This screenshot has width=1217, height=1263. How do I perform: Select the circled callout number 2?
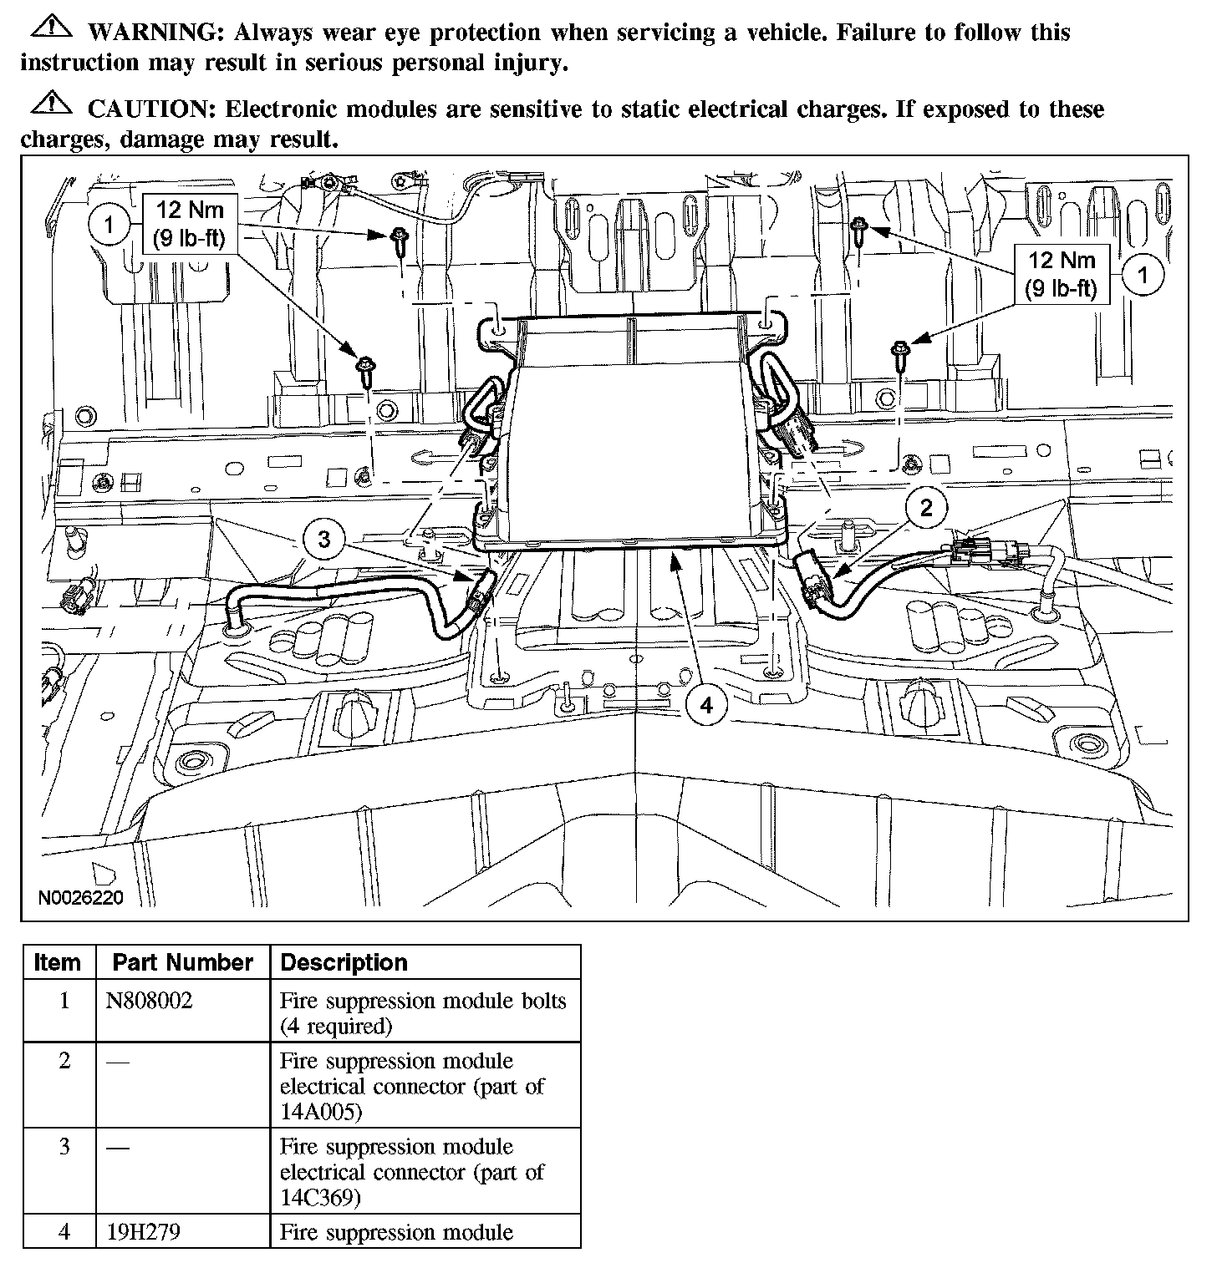pyautogui.click(x=926, y=507)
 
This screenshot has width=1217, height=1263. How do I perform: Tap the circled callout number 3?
pyautogui.click(x=324, y=540)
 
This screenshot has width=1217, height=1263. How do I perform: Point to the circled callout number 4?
pyautogui.click(x=706, y=706)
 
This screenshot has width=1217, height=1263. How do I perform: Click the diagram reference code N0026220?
pyautogui.click(x=81, y=898)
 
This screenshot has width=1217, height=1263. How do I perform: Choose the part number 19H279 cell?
pyautogui.click(x=137, y=1232)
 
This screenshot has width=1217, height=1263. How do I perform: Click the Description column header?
pyautogui.click(x=344, y=962)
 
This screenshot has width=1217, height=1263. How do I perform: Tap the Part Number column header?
pyautogui.click(x=183, y=962)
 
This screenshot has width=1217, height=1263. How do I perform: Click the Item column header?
pyautogui.click(x=58, y=962)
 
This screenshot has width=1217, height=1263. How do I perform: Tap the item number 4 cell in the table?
pyautogui.click(x=64, y=1232)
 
